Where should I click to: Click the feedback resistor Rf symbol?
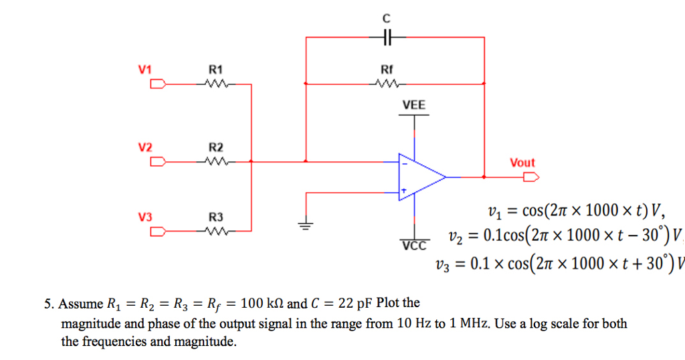pos(387,84)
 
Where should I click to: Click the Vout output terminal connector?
pos(531,177)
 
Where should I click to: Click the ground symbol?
pos(306,226)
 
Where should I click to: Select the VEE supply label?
pos(413,106)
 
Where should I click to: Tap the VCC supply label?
pos(413,246)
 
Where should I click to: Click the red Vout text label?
pos(522,162)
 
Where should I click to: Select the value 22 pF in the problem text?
pos(355,304)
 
